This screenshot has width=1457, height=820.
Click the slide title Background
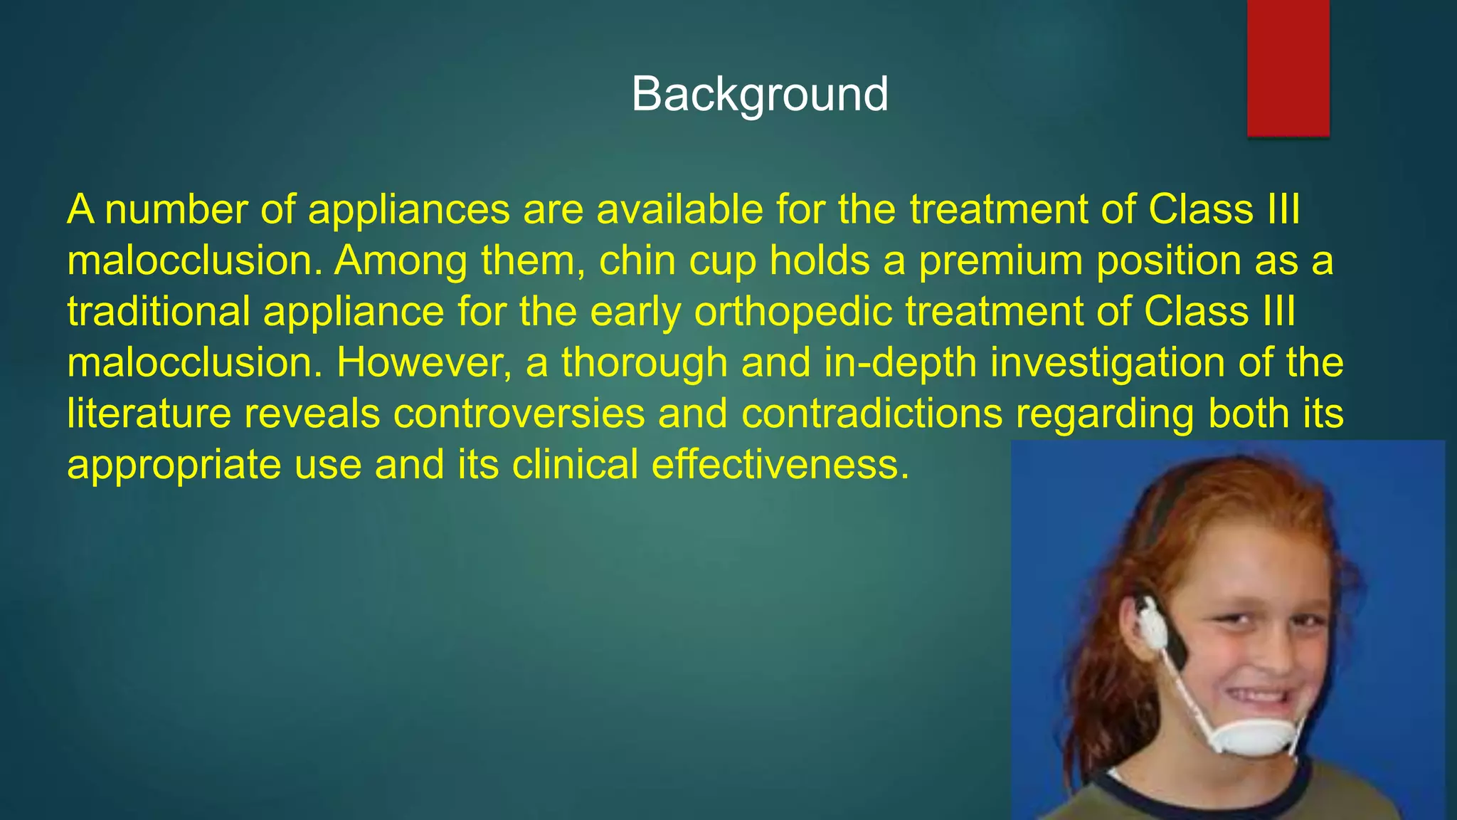pyautogui.click(x=759, y=94)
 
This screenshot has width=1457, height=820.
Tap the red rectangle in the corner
pyautogui.click(x=1288, y=68)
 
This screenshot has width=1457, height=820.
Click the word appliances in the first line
pyautogui.click(x=408, y=210)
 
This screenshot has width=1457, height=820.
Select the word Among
pyautogui.click(x=401, y=261)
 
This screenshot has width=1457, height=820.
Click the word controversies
pyautogui.click(x=519, y=414)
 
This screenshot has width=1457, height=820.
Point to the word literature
pyautogui.click(x=149, y=414)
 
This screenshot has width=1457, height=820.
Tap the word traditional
pyautogui.click(x=158, y=312)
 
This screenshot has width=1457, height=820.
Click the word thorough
pyautogui.click(x=644, y=364)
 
